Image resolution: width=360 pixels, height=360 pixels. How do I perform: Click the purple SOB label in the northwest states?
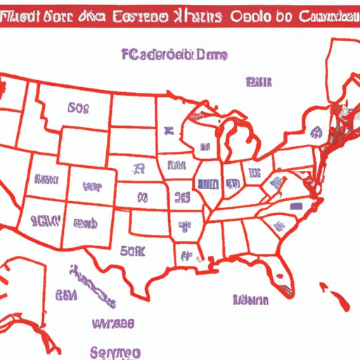[x=78, y=109]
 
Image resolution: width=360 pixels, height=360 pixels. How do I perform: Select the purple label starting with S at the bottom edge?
[x=116, y=351]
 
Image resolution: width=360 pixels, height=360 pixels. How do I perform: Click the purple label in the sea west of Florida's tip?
[x=250, y=301]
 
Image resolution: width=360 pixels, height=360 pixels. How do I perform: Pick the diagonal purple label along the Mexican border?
[x=94, y=285]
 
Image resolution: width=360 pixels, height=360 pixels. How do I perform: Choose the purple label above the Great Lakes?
[x=258, y=84]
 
